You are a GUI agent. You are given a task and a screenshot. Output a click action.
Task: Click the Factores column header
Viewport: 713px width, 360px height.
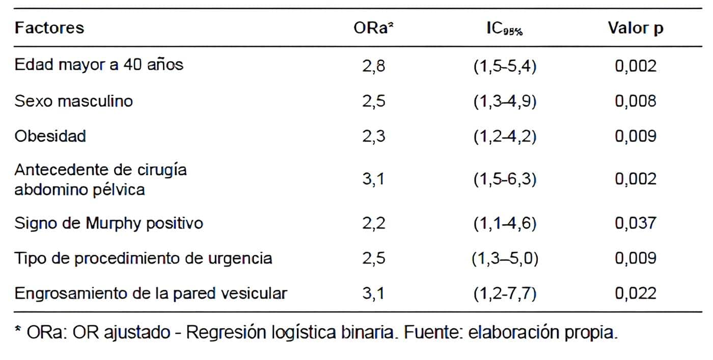(x=49, y=27)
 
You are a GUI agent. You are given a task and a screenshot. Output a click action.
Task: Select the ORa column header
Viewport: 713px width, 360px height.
(x=374, y=27)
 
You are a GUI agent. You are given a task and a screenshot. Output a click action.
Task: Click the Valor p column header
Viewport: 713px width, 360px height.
(x=636, y=27)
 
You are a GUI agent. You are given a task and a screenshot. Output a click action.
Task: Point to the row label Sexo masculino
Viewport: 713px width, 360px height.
(x=74, y=101)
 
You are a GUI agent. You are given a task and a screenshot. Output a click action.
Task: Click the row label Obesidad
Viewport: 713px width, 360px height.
(x=50, y=136)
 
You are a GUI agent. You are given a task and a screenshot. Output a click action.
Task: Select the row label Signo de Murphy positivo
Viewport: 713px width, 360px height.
(x=108, y=223)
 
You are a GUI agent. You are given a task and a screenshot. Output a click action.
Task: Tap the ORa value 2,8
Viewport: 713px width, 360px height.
(x=374, y=66)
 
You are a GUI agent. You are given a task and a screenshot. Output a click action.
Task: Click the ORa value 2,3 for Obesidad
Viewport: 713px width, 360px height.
(x=374, y=136)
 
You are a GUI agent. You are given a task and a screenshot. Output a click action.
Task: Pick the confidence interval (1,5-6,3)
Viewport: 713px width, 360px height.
(x=505, y=179)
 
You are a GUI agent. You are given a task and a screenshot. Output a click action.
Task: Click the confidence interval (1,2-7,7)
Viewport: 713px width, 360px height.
(x=505, y=293)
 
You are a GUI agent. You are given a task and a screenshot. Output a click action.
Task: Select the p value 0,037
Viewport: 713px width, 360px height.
(x=636, y=223)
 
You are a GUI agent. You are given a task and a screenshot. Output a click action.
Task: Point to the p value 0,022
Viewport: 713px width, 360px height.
(x=636, y=293)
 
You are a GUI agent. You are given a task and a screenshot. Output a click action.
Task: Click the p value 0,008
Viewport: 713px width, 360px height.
(x=636, y=101)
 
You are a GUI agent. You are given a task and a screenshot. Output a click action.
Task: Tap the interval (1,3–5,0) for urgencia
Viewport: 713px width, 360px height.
(x=505, y=258)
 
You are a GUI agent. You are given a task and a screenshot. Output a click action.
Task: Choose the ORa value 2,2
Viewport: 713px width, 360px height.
(x=374, y=223)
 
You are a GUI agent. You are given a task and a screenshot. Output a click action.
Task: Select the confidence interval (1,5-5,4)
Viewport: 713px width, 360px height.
(x=505, y=66)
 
